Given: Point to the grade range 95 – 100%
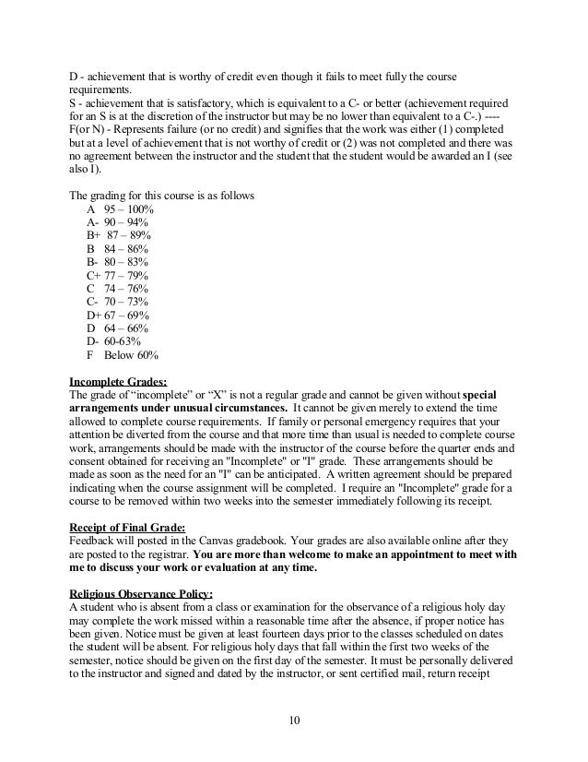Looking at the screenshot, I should click(129, 209).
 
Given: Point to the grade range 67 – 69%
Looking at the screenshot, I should click(127, 314).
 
